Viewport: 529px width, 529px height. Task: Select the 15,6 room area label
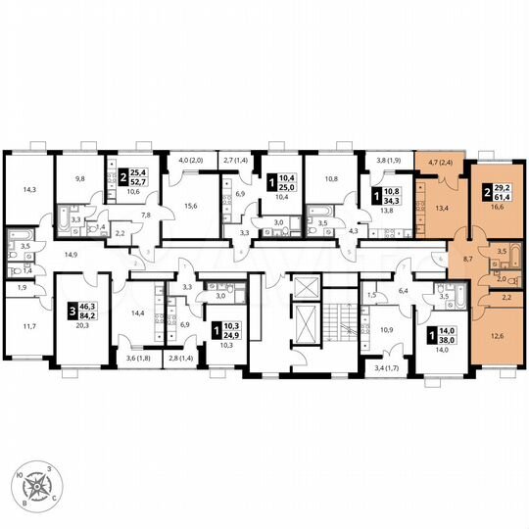(190, 205)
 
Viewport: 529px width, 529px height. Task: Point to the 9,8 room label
(79, 179)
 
